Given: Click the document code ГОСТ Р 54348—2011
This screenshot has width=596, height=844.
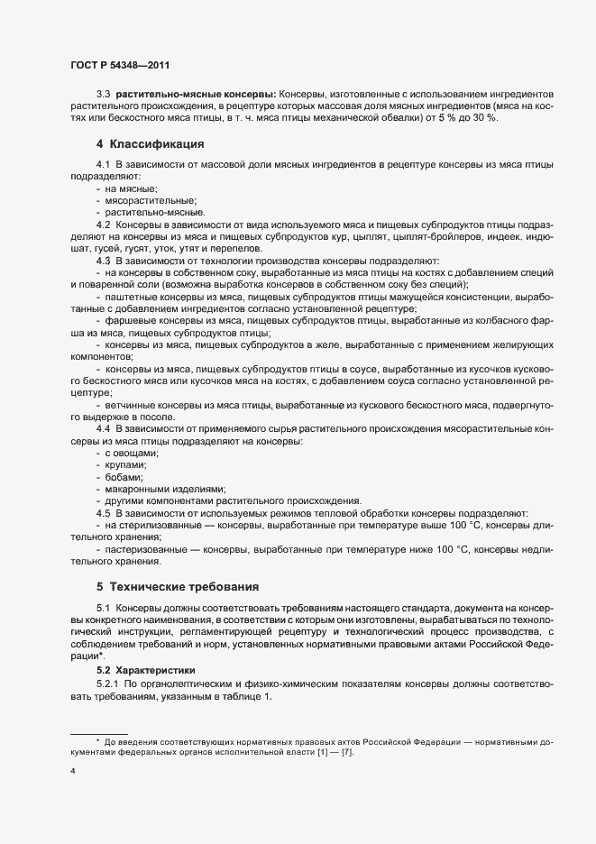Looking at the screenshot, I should pyautogui.click(x=118, y=65).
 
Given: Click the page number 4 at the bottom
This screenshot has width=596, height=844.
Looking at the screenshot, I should pyautogui.click(x=72, y=772).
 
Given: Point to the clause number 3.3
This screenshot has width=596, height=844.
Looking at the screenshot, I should pyautogui.click(x=103, y=94).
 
